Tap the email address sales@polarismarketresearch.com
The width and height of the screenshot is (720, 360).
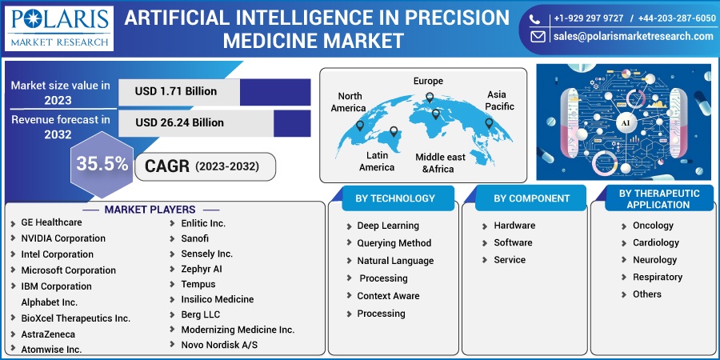point(634,36)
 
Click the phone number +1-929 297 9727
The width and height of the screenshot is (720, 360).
point(589,18)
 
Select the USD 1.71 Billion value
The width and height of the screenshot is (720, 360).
point(176,91)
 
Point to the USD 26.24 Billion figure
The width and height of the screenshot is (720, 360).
point(179,122)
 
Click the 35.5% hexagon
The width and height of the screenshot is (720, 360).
point(102,164)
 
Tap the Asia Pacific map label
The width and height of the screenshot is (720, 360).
point(501,101)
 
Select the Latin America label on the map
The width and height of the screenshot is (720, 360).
point(377,161)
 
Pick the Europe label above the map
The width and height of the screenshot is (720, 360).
point(428,82)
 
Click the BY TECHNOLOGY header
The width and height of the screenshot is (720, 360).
point(395,198)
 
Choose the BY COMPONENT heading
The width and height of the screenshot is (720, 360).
point(532,199)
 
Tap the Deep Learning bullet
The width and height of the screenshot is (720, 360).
point(388,226)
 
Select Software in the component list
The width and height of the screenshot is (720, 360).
point(513,242)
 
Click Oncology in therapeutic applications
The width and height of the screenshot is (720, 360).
point(653,226)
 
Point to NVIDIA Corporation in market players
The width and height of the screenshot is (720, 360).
point(63,238)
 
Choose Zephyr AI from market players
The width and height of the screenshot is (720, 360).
point(202,269)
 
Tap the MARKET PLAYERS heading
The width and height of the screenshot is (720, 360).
point(150,210)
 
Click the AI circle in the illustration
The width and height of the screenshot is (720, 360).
point(626,123)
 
